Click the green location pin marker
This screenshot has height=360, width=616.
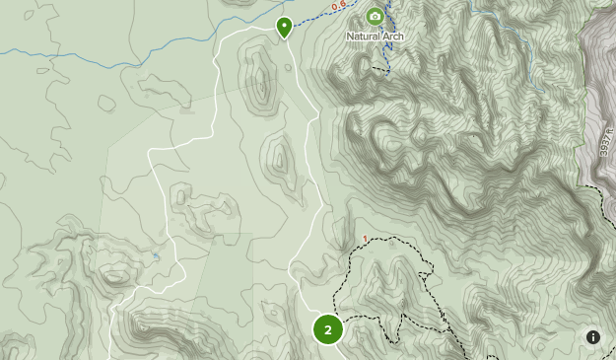click(x=284, y=26)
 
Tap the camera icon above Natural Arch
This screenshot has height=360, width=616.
click(x=375, y=16)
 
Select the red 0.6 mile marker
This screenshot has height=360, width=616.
click(x=339, y=7)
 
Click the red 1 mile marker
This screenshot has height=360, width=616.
click(x=365, y=239)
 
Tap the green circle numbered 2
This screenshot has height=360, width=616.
click(x=328, y=329)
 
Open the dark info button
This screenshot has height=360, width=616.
click(x=593, y=337)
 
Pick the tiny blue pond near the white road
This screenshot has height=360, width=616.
click(x=156, y=257)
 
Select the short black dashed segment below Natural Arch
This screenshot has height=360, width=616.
click(x=379, y=70)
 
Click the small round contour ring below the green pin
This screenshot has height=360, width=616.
click(x=287, y=67)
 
